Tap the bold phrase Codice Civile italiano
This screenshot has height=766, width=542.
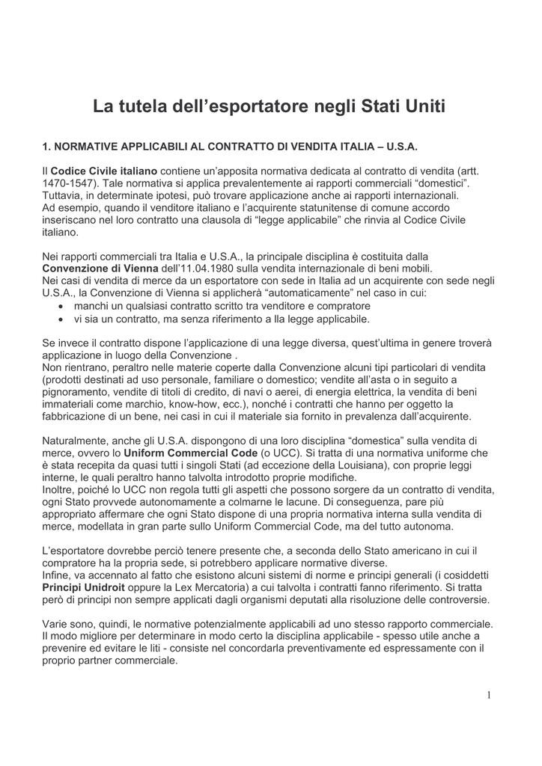click(104, 171)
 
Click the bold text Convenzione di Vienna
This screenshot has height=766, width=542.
click(100, 269)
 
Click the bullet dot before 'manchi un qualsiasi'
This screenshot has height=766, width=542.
click(61, 307)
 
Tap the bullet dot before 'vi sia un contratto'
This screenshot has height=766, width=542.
click(61, 319)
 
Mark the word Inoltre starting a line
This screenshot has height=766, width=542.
click(60, 490)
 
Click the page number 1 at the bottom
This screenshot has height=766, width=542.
click(488, 695)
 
